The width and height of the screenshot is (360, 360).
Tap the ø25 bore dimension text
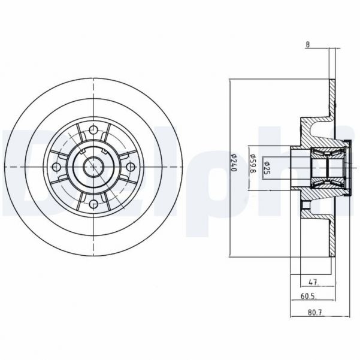pyautogui.click(x=268, y=165)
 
